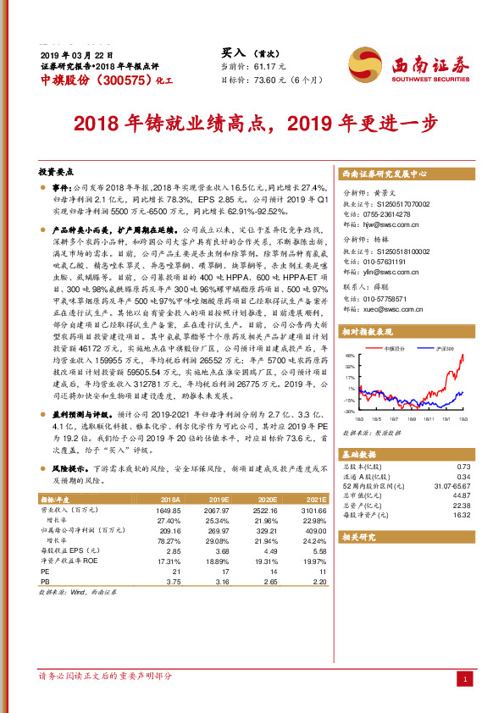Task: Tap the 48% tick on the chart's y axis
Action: point(350,356)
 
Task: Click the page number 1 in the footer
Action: point(464,679)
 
